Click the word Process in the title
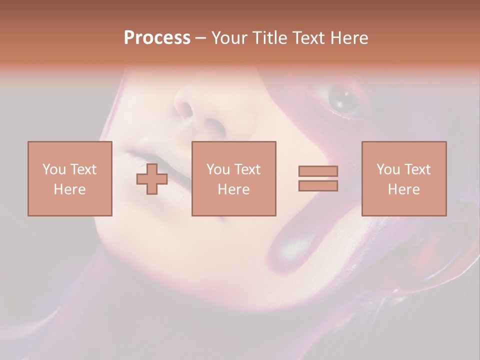point(157,38)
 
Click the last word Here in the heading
point(349,38)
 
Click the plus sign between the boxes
point(152,179)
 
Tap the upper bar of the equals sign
point(318,171)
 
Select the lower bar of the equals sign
point(318,186)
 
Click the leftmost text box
point(69,178)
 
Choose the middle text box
point(233,178)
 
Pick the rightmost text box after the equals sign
point(403,178)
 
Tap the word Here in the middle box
point(233,189)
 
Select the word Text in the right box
point(417,169)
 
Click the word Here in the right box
point(403,189)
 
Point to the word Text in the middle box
point(247,169)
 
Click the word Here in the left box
point(69,189)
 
